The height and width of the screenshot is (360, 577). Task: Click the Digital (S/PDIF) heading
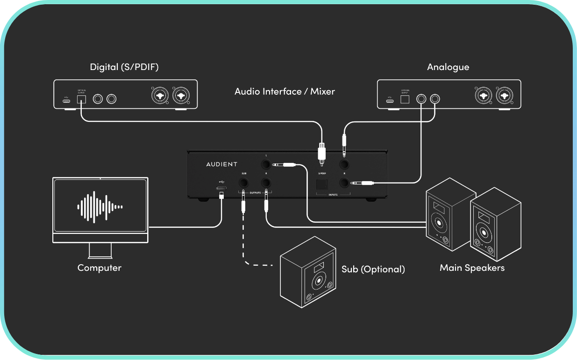point(124,67)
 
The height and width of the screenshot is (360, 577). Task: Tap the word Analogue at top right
point(448,67)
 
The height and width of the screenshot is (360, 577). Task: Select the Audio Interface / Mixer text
point(285,92)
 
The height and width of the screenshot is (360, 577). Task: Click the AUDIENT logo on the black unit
point(222,164)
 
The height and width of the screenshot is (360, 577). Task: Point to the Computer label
point(99,268)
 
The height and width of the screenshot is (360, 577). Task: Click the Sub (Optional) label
point(373,269)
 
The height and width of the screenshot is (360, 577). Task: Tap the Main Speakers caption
point(472,268)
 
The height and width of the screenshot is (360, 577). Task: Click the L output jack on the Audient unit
point(266,164)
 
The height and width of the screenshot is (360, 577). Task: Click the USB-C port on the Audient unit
point(221,188)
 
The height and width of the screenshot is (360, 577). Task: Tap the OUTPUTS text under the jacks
point(255,192)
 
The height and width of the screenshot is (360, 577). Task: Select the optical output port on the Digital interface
point(82,99)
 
